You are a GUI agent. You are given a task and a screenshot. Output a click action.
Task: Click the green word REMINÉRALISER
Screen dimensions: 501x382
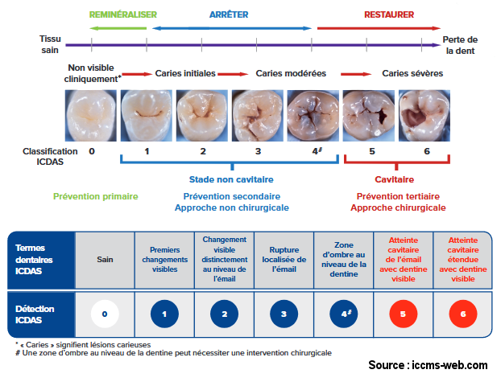pos(123,14)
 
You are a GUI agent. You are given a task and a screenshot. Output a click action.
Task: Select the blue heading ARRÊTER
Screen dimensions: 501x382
pos(229,14)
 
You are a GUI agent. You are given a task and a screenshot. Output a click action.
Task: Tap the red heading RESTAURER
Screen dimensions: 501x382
pos(389,14)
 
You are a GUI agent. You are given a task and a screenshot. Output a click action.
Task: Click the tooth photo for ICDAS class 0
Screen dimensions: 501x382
pos(91,116)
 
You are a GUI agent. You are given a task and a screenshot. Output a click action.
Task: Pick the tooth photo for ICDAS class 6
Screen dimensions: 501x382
pos(424,116)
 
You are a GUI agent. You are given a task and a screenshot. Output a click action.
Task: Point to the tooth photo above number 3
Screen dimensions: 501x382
pos(258,116)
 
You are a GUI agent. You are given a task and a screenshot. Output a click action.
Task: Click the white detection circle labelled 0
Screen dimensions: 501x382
pos(105,314)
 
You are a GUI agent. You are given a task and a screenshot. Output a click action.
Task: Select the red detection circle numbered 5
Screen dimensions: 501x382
pos(404,314)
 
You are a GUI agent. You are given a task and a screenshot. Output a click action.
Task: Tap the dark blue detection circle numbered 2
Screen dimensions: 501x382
pos(224,314)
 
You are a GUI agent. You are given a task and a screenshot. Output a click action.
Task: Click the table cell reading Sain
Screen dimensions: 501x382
pos(105,260)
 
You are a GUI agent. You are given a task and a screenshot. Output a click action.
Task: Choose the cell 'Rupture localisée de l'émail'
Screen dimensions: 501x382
pos(284,260)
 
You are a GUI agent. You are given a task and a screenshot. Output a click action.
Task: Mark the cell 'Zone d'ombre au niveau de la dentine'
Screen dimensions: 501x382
pos(344,260)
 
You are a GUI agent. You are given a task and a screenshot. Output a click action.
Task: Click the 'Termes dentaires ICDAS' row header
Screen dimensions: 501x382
pos(42,260)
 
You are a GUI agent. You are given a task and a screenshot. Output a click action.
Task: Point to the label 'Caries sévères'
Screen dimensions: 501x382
pos(412,73)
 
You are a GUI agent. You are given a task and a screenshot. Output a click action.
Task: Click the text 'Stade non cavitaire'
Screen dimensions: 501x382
pos(231,179)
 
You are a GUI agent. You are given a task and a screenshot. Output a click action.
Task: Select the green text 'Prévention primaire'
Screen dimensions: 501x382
pos(96,196)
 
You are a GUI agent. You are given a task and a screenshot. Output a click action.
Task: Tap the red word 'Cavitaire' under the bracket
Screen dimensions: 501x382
pos(395,179)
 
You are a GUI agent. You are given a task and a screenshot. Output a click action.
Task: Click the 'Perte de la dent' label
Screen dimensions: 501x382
pos(460,45)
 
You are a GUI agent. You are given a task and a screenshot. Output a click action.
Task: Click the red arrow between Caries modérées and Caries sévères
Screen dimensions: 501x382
pos(356,74)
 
